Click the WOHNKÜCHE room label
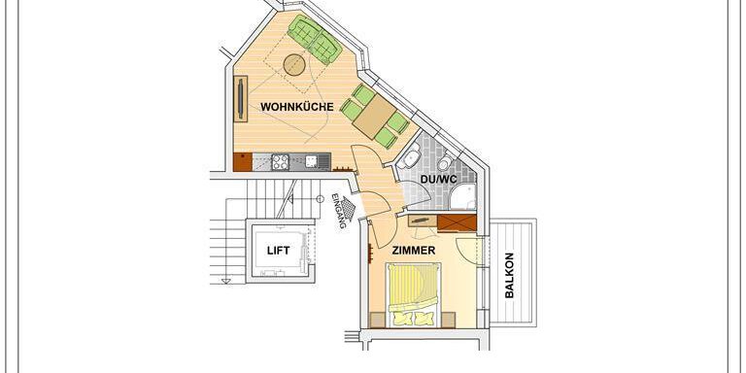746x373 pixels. click(x=297, y=107)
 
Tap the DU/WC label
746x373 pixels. click(x=439, y=180)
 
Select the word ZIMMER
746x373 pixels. click(x=414, y=251)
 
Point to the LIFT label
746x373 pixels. click(x=279, y=251)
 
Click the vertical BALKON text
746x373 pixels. click(x=509, y=276)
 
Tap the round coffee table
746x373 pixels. click(x=294, y=65)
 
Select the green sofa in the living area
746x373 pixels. click(x=315, y=39)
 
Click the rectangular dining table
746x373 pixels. click(x=374, y=117)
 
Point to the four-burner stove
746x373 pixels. click(x=280, y=162)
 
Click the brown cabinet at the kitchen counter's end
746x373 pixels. click(x=243, y=162)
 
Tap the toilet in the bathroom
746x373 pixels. click(x=445, y=162)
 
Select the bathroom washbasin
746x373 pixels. click(x=411, y=158)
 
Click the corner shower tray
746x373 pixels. click(x=463, y=196)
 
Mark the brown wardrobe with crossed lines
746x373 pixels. click(x=457, y=222)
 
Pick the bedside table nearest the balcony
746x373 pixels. click(x=448, y=320)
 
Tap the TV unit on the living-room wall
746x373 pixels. click(x=241, y=98)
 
